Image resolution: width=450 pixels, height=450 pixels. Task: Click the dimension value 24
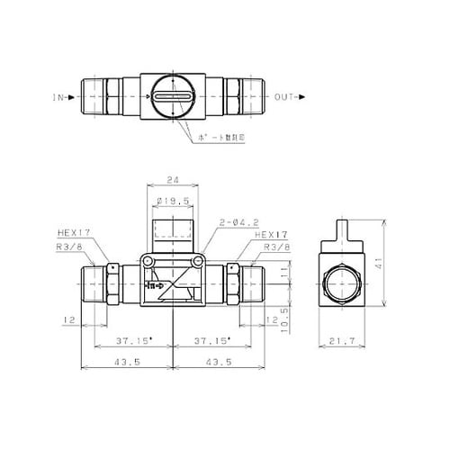click(171, 179)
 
